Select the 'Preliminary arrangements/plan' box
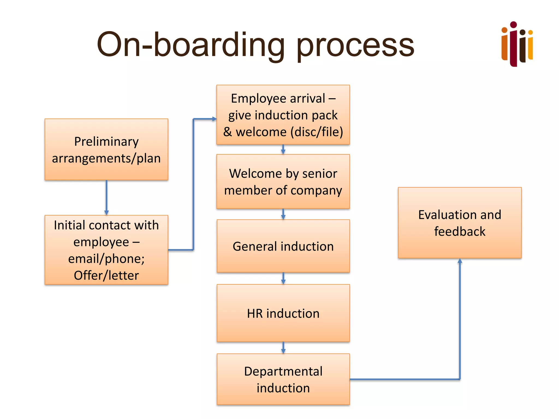(106, 149)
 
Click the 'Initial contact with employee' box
(106, 250)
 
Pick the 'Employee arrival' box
(283, 115)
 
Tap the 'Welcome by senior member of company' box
(283, 182)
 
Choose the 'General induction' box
(283, 246)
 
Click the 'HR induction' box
(283, 313)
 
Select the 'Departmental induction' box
(283, 379)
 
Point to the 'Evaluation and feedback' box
(460, 223)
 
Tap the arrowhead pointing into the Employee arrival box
(214, 119)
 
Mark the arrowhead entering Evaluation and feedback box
(460, 261)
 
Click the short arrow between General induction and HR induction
(283, 279)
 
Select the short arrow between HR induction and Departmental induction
(283, 348)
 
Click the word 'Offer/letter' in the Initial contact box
(106, 276)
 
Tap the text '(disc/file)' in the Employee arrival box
(317, 132)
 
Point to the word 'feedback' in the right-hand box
(460, 232)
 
